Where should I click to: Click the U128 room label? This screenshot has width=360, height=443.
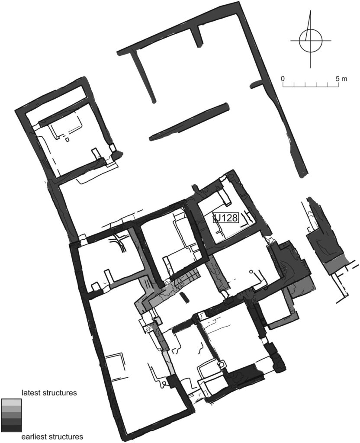[225, 218]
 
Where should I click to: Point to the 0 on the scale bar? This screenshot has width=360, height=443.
[283, 79]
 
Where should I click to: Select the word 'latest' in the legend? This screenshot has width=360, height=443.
[31, 393]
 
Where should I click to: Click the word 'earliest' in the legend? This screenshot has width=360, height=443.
[34, 437]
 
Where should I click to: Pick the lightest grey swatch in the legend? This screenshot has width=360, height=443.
[11, 402]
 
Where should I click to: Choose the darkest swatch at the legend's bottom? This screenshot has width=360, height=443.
[11, 428]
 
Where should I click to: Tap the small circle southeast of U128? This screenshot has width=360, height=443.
[251, 272]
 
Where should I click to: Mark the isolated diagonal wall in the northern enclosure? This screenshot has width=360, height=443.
[189, 122]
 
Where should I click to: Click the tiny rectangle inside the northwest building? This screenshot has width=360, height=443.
[67, 139]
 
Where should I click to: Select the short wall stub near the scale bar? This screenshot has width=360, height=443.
[256, 83]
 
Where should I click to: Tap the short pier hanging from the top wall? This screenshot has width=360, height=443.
[199, 35]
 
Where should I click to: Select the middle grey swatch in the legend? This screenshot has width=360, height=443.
[11, 415]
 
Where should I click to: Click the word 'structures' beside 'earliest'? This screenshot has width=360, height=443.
[64, 437]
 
